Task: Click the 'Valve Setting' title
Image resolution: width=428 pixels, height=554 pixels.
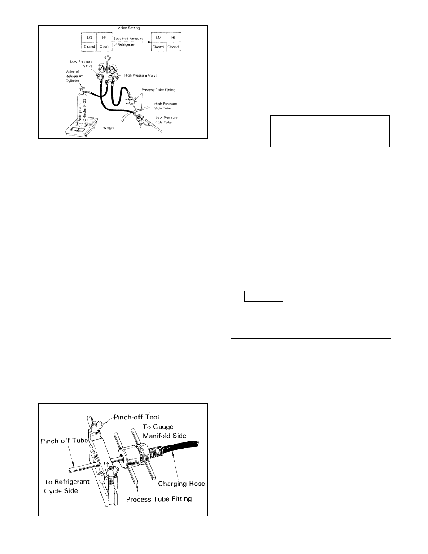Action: (x=128, y=28)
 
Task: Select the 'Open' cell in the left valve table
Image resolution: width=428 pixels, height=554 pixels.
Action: (x=104, y=47)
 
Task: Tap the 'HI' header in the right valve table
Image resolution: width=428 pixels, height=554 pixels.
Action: (x=173, y=38)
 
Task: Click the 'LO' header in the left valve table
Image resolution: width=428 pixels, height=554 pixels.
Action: (x=89, y=38)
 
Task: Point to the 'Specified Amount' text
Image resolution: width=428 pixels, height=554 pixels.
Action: (x=128, y=39)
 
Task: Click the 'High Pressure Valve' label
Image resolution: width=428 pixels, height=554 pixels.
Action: (x=141, y=75)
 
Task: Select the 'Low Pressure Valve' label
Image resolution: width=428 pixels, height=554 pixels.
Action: (x=81, y=64)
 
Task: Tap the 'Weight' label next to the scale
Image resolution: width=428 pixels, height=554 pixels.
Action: (x=109, y=128)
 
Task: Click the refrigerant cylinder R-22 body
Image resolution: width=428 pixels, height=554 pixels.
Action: (x=83, y=109)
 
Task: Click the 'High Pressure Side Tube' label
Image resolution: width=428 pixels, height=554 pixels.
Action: (x=166, y=106)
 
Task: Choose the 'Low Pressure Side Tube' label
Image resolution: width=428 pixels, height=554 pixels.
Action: (x=166, y=120)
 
